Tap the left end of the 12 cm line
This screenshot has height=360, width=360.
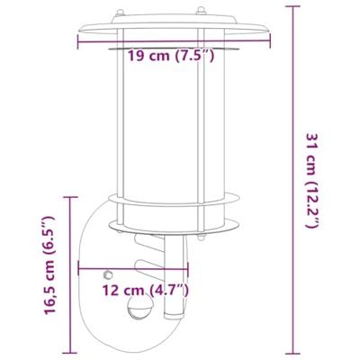tap(80, 267)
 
